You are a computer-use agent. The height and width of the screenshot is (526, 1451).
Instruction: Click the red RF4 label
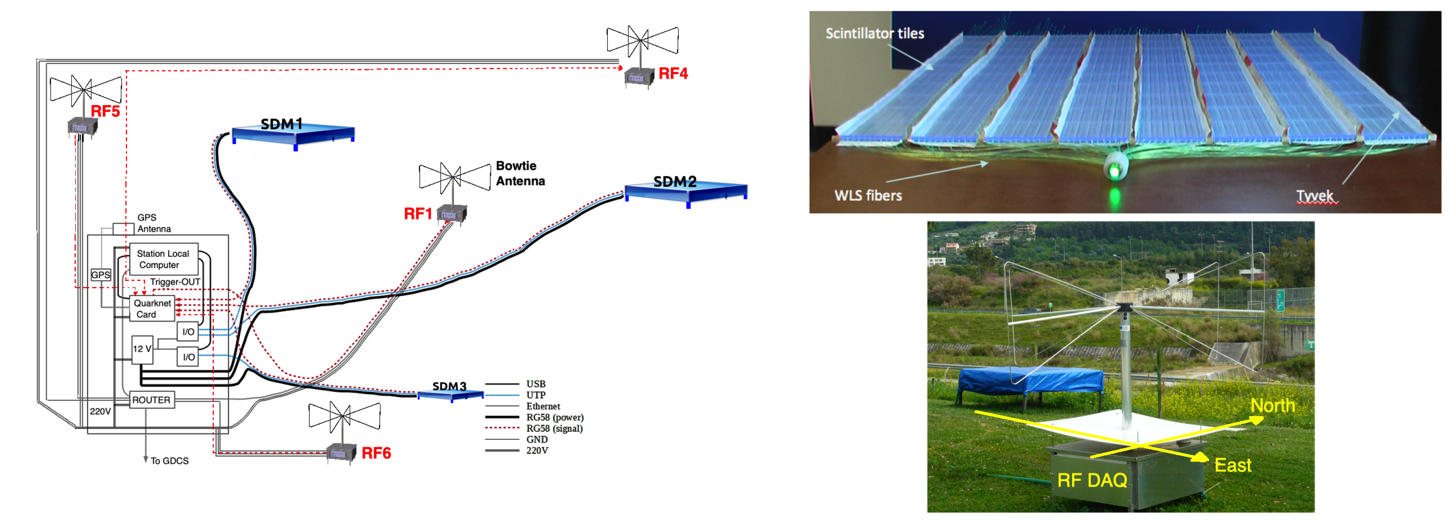(673, 74)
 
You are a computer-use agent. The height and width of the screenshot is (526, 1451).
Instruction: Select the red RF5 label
(105, 111)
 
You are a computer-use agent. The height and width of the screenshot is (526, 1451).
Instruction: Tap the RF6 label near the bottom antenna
(376, 454)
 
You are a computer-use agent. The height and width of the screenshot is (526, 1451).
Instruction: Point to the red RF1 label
(418, 214)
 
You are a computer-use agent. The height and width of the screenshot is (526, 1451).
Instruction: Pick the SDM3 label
(450, 386)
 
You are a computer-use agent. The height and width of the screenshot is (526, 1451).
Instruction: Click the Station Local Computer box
(164, 259)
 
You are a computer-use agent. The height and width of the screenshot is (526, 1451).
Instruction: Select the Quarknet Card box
(152, 309)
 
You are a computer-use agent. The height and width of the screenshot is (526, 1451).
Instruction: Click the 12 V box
(142, 350)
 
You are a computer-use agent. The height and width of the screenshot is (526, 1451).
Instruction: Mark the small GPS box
(101, 275)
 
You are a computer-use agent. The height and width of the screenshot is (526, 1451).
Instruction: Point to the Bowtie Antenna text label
(520, 174)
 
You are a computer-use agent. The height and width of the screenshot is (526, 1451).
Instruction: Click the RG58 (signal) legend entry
(534, 428)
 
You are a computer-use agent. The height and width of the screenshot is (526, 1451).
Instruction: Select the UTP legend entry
(515, 395)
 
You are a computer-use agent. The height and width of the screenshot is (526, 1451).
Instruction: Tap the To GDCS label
(170, 461)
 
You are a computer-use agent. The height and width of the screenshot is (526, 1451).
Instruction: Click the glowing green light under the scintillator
(1114, 170)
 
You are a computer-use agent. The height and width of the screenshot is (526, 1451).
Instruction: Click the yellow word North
(1273, 406)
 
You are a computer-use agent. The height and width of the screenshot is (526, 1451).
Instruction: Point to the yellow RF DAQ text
(1092, 480)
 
